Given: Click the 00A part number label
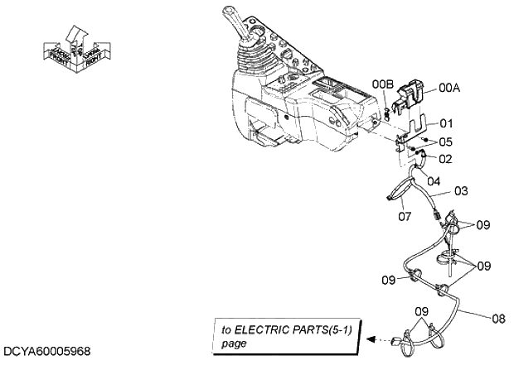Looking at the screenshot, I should [449, 86].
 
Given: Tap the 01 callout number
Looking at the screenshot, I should [446, 122].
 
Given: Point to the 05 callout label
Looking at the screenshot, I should [445, 142].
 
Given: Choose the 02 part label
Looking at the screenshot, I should [445, 157].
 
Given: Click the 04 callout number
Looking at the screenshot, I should [434, 177].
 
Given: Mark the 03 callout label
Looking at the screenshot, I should [461, 191].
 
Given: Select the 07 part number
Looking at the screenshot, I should [405, 218].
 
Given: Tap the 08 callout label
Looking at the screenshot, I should [498, 316].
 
